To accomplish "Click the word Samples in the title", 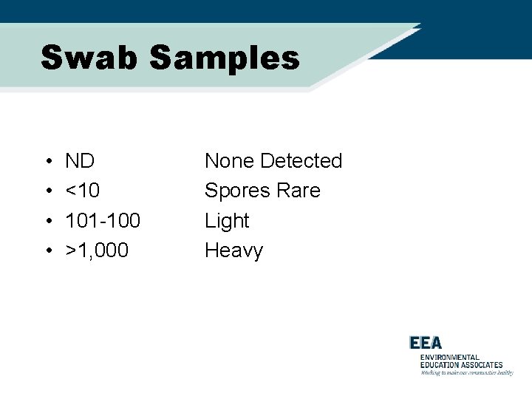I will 225,58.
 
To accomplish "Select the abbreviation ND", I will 80,161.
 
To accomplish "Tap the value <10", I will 82,191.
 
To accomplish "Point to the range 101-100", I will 103,221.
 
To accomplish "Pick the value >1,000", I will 97,251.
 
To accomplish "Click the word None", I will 229,161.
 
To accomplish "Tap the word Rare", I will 299,191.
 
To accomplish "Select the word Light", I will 227,221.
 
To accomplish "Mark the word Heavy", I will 233,251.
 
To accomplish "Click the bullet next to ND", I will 47,162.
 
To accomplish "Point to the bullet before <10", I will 47,191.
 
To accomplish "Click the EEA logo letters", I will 426,343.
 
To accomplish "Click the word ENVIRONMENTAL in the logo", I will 450,358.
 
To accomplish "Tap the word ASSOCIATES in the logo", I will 479,365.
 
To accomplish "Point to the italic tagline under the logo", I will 466,373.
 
